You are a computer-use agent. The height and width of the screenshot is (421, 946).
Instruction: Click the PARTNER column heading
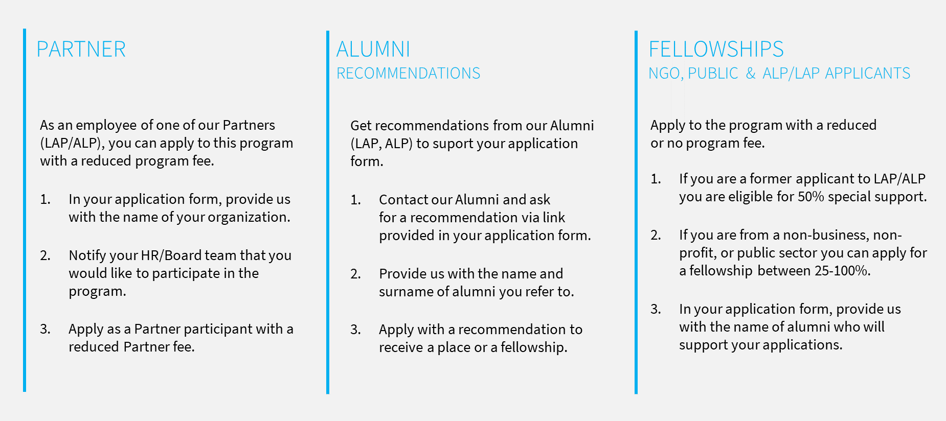pyautogui.click(x=81, y=50)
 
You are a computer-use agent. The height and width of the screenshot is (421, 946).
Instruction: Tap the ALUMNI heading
pyautogui.click(x=373, y=50)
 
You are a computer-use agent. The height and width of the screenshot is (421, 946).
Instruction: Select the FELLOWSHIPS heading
pyautogui.click(x=716, y=50)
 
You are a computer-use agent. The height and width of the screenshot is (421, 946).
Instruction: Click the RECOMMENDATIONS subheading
pyautogui.click(x=408, y=74)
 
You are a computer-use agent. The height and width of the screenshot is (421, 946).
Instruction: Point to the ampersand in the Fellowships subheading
pyautogui.click(x=751, y=74)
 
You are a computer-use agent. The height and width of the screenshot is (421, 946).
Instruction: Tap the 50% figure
pyautogui.click(x=811, y=197)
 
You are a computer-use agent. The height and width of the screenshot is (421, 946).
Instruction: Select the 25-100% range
pyautogui.click(x=842, y=271)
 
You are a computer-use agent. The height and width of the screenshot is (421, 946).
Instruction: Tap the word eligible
pyautogui.click(x=750, y=197)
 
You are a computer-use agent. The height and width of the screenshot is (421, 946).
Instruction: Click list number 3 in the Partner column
pyautogui.click(x=46, y=329)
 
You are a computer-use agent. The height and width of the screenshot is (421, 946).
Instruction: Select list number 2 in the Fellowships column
pyautogui.click(x=656, y=235)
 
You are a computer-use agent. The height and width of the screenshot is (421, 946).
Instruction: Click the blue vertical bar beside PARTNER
pyautogui.click(x=25, y=211)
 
